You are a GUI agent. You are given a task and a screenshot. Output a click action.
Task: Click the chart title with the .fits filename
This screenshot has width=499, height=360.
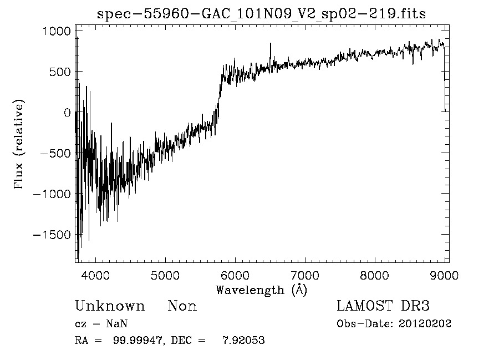[261, 14]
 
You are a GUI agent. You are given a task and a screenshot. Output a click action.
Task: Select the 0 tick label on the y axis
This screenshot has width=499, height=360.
[67, 113]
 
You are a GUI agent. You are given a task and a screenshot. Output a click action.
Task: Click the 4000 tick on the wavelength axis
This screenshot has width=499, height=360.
[96, 275]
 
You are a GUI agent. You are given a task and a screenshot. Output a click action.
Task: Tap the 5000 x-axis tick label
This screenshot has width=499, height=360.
[166, 275]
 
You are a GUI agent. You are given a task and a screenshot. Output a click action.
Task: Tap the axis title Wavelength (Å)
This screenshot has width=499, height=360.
[261, 290]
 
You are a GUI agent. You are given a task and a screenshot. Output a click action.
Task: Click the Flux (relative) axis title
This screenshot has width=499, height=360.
[20, 145]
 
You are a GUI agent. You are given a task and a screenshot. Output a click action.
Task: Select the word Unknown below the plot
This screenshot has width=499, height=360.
[110, 306]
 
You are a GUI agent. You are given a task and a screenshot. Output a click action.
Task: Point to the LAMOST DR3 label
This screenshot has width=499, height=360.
[383, 306]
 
